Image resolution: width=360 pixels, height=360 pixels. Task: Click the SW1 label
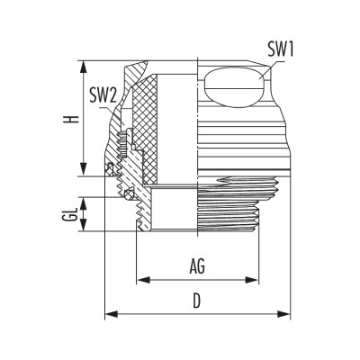tap(280, 49)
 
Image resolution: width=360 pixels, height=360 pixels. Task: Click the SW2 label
tap(103, 96)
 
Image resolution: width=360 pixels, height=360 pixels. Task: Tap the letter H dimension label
tap(72, 119)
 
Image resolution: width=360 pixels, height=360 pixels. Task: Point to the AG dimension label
tap(197, 266)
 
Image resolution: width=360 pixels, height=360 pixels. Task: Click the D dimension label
tap(196, 301)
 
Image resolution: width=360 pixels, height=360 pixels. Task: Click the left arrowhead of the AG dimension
tap(143, 280)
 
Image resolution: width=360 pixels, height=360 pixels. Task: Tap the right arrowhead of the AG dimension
tap(251, 280)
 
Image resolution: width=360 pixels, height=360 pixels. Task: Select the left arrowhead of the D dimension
tap(111, 314)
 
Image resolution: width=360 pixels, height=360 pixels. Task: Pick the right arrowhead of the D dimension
tap(283, 314)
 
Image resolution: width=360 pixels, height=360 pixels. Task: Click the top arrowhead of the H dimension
tap(84, 67)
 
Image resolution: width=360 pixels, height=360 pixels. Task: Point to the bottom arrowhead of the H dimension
tap(84, 169)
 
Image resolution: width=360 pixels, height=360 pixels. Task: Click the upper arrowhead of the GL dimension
tap(84, 203)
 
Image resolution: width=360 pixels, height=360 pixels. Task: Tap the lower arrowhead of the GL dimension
tap(84, 225)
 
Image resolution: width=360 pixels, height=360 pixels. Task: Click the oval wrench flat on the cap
tap(235, 87)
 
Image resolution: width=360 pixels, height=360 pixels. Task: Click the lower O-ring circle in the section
tap(130, 193)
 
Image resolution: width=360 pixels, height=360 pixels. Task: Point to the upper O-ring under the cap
tap(110, 168)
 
